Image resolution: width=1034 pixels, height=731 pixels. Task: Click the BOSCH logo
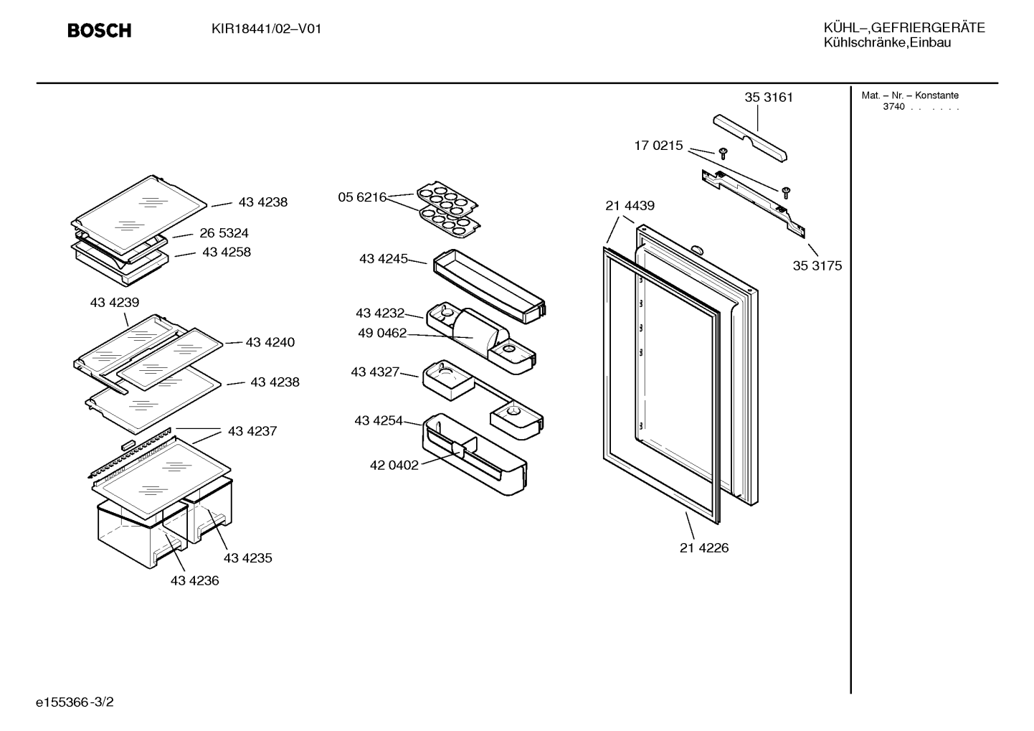click(99, 30)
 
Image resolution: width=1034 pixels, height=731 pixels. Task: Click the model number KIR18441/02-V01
click(266, 29)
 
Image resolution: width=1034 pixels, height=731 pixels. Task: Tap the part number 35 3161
click(769, 98)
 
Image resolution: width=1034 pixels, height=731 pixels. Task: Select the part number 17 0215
click(658, 146)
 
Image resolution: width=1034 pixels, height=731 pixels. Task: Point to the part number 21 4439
click(630, 205)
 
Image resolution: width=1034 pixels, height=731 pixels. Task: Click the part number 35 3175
click(817, 265)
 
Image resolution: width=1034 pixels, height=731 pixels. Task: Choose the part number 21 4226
click(704, 547)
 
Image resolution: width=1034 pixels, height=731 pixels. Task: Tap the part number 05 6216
click(362, 197)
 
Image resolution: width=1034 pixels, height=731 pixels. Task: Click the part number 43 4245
click(383, 258)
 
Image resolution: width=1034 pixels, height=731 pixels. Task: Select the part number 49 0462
click(382, 333)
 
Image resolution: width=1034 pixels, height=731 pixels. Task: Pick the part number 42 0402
click(394, 465)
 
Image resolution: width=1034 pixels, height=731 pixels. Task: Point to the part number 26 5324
click(224, 232)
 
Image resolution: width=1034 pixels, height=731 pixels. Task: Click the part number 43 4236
click(194, 580)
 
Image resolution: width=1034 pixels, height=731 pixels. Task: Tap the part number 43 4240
click(270, 342)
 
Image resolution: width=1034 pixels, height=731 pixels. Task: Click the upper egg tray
click(447, 199)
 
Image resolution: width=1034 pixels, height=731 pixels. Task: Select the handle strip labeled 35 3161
click(749, 138)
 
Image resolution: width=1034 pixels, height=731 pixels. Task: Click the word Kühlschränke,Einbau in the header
click(887, 43)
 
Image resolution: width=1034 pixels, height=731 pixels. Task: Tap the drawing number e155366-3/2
click(75, 702)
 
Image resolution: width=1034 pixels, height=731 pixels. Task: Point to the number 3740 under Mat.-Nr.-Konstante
click(893, 107)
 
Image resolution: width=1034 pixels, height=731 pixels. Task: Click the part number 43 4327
click(375, 372)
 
